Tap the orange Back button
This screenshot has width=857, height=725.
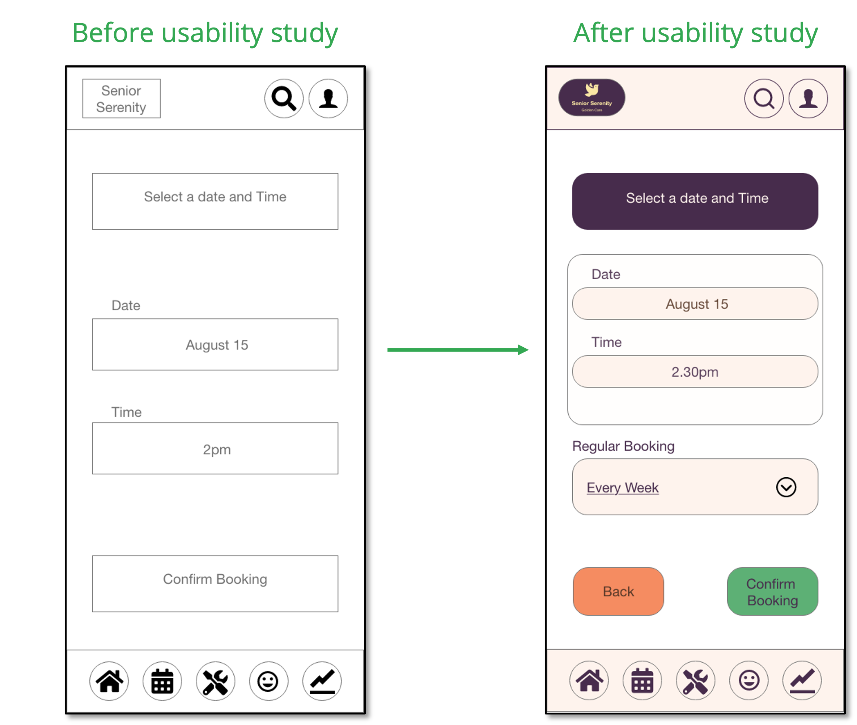tap(618, 591)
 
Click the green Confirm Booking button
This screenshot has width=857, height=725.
tap(772, 591)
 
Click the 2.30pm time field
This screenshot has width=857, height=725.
tap(695, 372)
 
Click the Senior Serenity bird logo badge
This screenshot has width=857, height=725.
tap(592, 97)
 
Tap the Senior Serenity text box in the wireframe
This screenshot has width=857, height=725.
tap(122, 99)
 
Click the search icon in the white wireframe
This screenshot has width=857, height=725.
tap(284, 99)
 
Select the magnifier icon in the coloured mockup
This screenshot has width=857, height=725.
tap(764, 99)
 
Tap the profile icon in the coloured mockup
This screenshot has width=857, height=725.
tap(808, 99)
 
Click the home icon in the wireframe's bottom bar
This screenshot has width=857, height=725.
tap(109, 681)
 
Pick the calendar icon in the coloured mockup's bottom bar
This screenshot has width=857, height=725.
tap(642, 680)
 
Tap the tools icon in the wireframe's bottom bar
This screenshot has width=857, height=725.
tap(215, 681)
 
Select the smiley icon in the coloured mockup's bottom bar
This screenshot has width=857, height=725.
tap(748, 680)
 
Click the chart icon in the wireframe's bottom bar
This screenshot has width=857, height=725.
tap(322, 681)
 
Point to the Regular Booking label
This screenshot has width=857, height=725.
tap(623, 446)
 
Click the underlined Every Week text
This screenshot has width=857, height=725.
tap(623, 487)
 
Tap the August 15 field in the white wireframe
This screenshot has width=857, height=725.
tap(215, 344)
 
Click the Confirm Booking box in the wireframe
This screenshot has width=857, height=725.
tap(215, 584)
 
